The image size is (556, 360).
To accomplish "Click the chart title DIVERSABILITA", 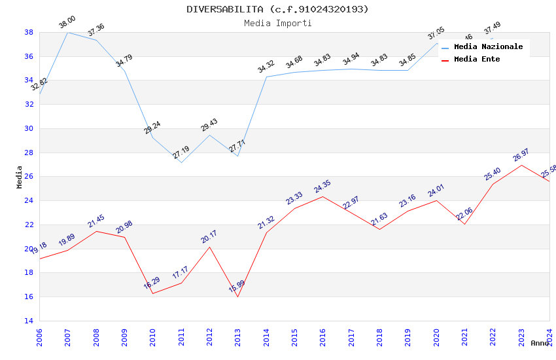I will point(277,9).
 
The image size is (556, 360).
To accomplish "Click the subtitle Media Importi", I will point(277,23).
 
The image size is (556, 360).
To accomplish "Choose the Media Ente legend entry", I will point(477,60).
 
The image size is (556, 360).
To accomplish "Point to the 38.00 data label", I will point(67,22).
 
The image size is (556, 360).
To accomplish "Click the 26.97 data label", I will point(521,155).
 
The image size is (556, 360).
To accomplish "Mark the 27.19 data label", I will point(181,153).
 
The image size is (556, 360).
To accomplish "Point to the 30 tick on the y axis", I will point(29,128).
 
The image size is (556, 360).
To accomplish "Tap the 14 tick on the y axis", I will point(29,321).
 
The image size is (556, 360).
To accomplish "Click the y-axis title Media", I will point(20,177).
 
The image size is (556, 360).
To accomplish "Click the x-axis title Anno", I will point(540,343).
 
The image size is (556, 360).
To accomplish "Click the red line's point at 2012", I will point(209,247).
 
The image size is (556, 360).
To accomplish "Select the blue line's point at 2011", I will point(181,162).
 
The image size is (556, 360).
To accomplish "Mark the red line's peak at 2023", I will point(521,165).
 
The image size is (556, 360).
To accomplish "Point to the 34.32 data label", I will point(266,67).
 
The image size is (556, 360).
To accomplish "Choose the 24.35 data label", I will point(322,187).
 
